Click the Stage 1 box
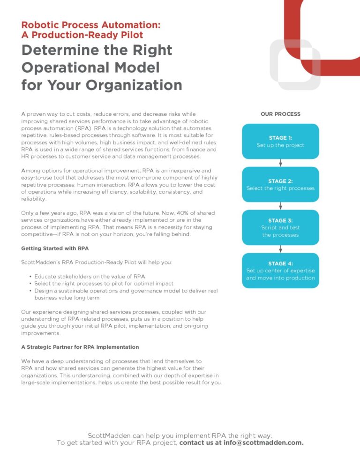pos(280,141)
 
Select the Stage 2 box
pos(280,184)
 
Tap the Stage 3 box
pos(280,227)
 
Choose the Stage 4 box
pos(280,271)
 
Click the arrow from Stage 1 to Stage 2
pos(280,163)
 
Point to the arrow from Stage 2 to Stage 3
pos(280,206)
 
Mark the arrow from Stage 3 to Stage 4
pos(280,249)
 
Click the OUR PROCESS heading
pos(280,114)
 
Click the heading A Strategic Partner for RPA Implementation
pos(80,347)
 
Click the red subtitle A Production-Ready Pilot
pos(82,35)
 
